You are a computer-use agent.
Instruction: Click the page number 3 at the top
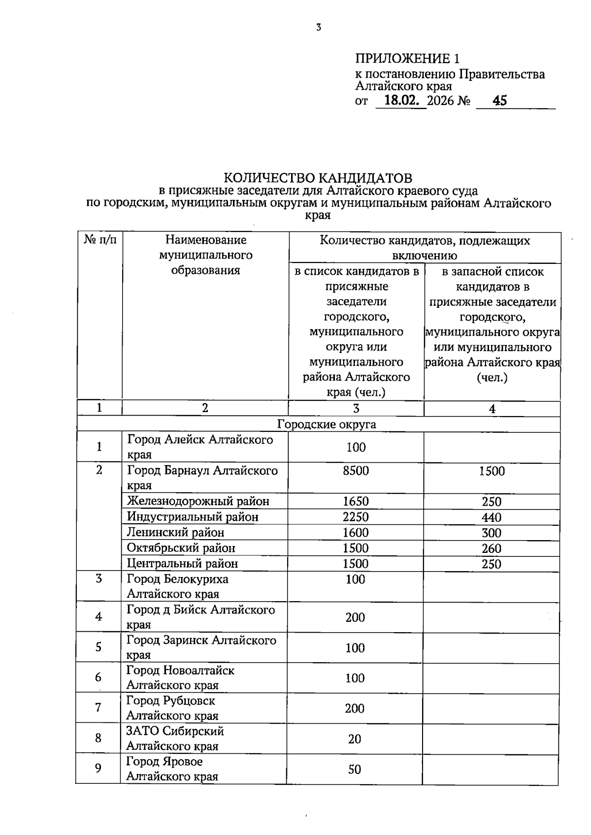(319, 28)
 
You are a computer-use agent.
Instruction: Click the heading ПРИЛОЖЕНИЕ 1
(407, 59)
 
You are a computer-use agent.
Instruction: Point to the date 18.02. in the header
(401, 101)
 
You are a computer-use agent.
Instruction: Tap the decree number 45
(499, 101)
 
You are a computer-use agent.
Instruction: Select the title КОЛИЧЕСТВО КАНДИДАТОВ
(318, 177)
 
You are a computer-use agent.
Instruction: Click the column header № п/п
(100, 240)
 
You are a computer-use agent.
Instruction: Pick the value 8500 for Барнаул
(356, 471)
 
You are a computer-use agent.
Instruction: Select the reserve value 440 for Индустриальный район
(492, 517)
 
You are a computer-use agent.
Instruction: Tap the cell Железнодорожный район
(198, 501)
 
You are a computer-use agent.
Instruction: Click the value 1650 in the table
(356, 501)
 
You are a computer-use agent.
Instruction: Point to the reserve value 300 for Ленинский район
(492, 533)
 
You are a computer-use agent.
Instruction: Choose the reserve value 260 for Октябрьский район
(492, 548)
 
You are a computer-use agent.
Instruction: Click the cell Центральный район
(182, 563)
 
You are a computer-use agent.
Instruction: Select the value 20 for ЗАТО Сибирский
(355, 739)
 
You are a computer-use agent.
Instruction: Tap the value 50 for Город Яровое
(355, 769)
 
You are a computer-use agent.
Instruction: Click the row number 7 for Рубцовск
(98, 707)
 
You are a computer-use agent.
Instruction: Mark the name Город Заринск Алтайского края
(201, 647)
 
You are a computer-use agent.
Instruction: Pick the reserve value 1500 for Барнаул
(492, 471)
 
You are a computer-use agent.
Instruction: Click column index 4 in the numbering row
(492, 409)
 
